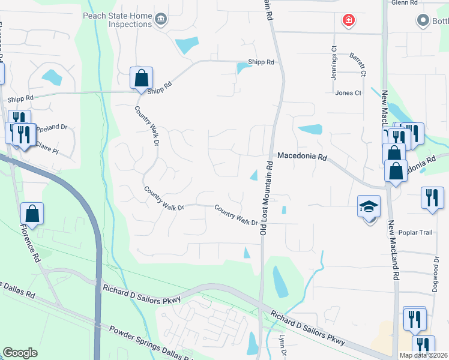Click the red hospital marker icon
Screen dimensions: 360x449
tap(348, 21)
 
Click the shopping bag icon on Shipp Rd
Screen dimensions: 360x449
tap(141, 78)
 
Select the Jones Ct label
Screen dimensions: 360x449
tap(348, 93)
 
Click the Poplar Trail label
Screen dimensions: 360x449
tap(415, 233)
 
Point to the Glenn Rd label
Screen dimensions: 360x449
tap(403, 3)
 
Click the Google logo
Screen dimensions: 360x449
tap(20, 353)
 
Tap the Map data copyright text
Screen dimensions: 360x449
tap(423, 355)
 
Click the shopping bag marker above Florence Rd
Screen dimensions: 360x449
tap(32, 214)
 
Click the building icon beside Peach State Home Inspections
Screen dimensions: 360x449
tap(160, 20)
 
